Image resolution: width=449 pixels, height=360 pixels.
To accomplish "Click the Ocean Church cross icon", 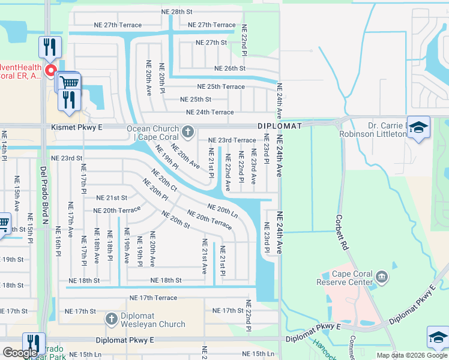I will [x=188, y=131].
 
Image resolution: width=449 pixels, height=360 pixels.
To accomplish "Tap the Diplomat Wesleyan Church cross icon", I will [x=110, y=320].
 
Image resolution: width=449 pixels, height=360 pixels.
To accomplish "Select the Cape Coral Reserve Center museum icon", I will [x=382, y=278].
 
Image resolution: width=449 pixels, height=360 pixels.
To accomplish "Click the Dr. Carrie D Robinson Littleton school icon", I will [x=418, y=128].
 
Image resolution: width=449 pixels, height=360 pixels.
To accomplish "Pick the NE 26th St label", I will [x=229, y=68].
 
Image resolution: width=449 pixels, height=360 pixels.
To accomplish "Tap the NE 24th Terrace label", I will [x=209, y=112].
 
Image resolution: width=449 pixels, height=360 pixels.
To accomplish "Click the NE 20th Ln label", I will [x=223, y=211].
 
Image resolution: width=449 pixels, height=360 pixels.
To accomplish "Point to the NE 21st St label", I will [x=112, y=197].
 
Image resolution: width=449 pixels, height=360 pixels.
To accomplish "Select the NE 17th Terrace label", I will [x=153, y=298].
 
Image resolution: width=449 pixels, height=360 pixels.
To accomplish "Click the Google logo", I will [x=20, y=353].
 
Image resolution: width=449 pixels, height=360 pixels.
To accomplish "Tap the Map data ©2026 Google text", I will [x=412, y=355].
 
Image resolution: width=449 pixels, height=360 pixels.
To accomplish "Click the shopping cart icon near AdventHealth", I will [x=70, y=82].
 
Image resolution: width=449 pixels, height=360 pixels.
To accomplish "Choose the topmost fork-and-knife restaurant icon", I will [x=49, y=47].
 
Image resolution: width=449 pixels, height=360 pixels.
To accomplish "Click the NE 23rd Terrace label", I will [x=232, y=140].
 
